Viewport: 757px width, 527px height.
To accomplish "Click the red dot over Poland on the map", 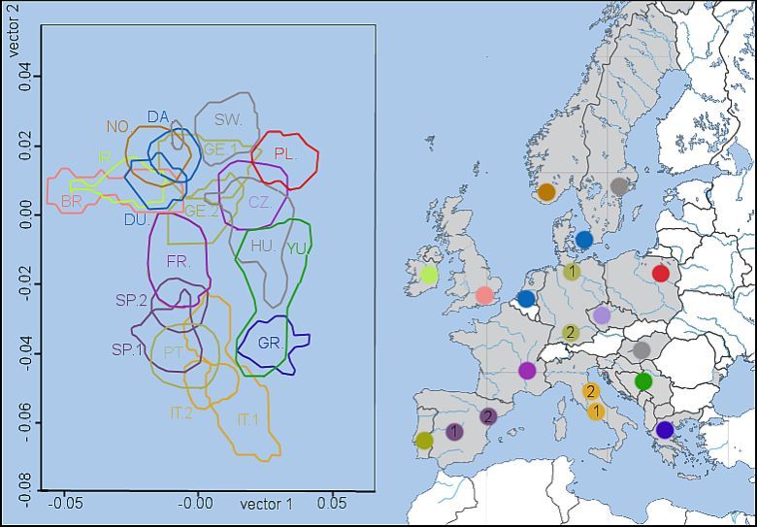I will (661, 273).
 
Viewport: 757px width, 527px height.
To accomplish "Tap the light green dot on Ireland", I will (429, 275).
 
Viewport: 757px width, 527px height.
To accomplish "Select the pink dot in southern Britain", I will (484, 295).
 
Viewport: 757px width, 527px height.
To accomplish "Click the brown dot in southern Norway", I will (546, 192).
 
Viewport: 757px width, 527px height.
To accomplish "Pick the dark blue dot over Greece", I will (665, 429).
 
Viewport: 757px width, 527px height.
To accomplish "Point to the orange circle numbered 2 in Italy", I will (589, 391).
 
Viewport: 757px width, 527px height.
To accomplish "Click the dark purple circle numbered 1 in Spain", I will (454, 432).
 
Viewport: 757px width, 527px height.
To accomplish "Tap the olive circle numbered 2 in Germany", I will (571, 332).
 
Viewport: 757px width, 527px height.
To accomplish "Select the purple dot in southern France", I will (527, 370).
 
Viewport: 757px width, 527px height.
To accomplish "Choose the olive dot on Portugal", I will (424, 441).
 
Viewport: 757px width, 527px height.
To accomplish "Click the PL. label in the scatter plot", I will (284, 153).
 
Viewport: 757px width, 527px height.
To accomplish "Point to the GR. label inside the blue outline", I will (270, 344).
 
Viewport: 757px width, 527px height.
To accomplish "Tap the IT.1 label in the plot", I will (247, 419).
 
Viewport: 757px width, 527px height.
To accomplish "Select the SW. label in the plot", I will (228, 119).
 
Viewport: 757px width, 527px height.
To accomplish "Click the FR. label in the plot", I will (179, 261).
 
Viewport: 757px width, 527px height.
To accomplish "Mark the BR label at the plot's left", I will (70, 201).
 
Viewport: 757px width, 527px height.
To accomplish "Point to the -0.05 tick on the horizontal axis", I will (65, 505).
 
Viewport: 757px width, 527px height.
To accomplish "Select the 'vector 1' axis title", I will (266, 504).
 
